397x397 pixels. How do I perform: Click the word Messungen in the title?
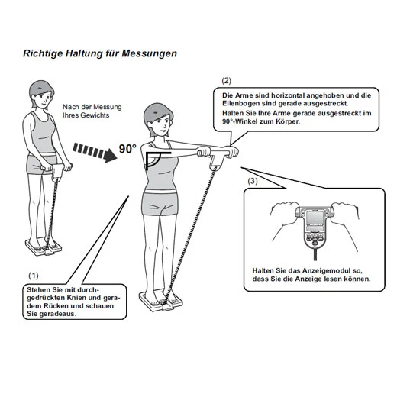coord(150,53)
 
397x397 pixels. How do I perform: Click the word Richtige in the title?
coord(43,53)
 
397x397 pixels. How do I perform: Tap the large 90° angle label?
coord(127,149)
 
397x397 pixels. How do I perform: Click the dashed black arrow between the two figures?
coord(95,152)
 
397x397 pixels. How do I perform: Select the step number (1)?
coord(34,276)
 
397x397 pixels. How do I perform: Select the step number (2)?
coord(226,81)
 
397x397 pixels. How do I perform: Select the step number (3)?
coord(253,181)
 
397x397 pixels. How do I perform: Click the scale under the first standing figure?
coord(44,247)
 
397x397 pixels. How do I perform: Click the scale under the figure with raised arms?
coord(161,302)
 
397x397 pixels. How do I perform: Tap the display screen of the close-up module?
coord(315,218)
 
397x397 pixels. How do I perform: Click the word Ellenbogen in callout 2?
coord(240,103)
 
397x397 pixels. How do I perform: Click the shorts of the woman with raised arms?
coord(160,204)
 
